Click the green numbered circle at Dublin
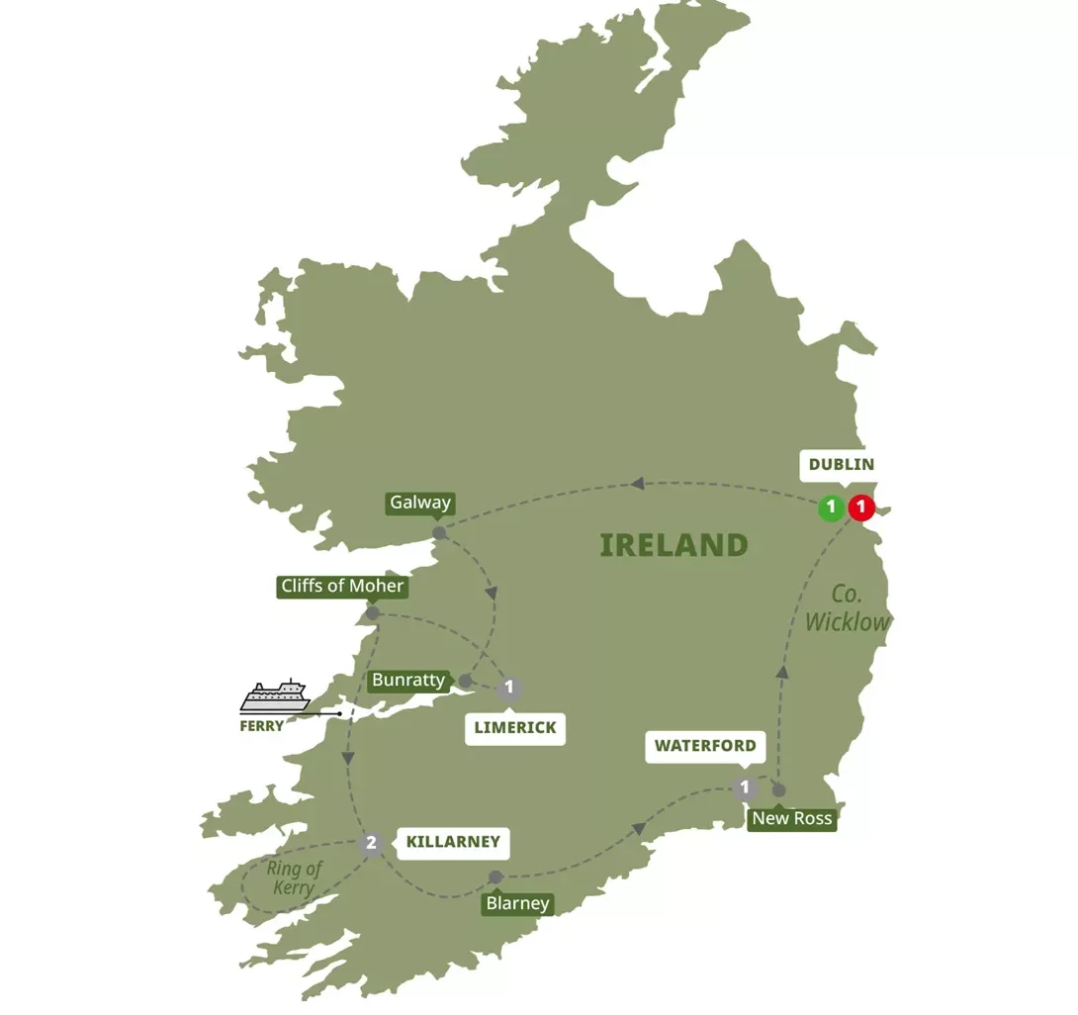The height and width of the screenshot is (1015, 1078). coord(831,508)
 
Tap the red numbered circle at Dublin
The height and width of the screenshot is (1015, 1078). coord(861,508)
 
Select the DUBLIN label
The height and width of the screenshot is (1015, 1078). coord(841,464)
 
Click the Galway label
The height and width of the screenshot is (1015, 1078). coord(420,503)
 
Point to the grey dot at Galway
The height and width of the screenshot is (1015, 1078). coord(439,532)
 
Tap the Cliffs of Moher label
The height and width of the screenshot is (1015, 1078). coord(342,586)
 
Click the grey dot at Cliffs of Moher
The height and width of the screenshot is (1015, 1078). coord(372,613)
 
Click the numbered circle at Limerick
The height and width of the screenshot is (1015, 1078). coord(508,688)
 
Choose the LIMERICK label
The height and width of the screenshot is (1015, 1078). coord(514,727)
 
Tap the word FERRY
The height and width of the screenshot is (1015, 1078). coord(262,725)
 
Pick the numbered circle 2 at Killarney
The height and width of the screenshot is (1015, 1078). coord(371,844)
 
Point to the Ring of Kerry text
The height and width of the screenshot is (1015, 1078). coord(294,878)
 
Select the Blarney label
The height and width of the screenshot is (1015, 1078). coord(517,903)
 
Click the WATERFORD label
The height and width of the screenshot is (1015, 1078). coord(706,746)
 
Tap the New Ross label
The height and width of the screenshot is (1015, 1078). coord(792,818)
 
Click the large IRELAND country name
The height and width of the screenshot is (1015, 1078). coord(674,545)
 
